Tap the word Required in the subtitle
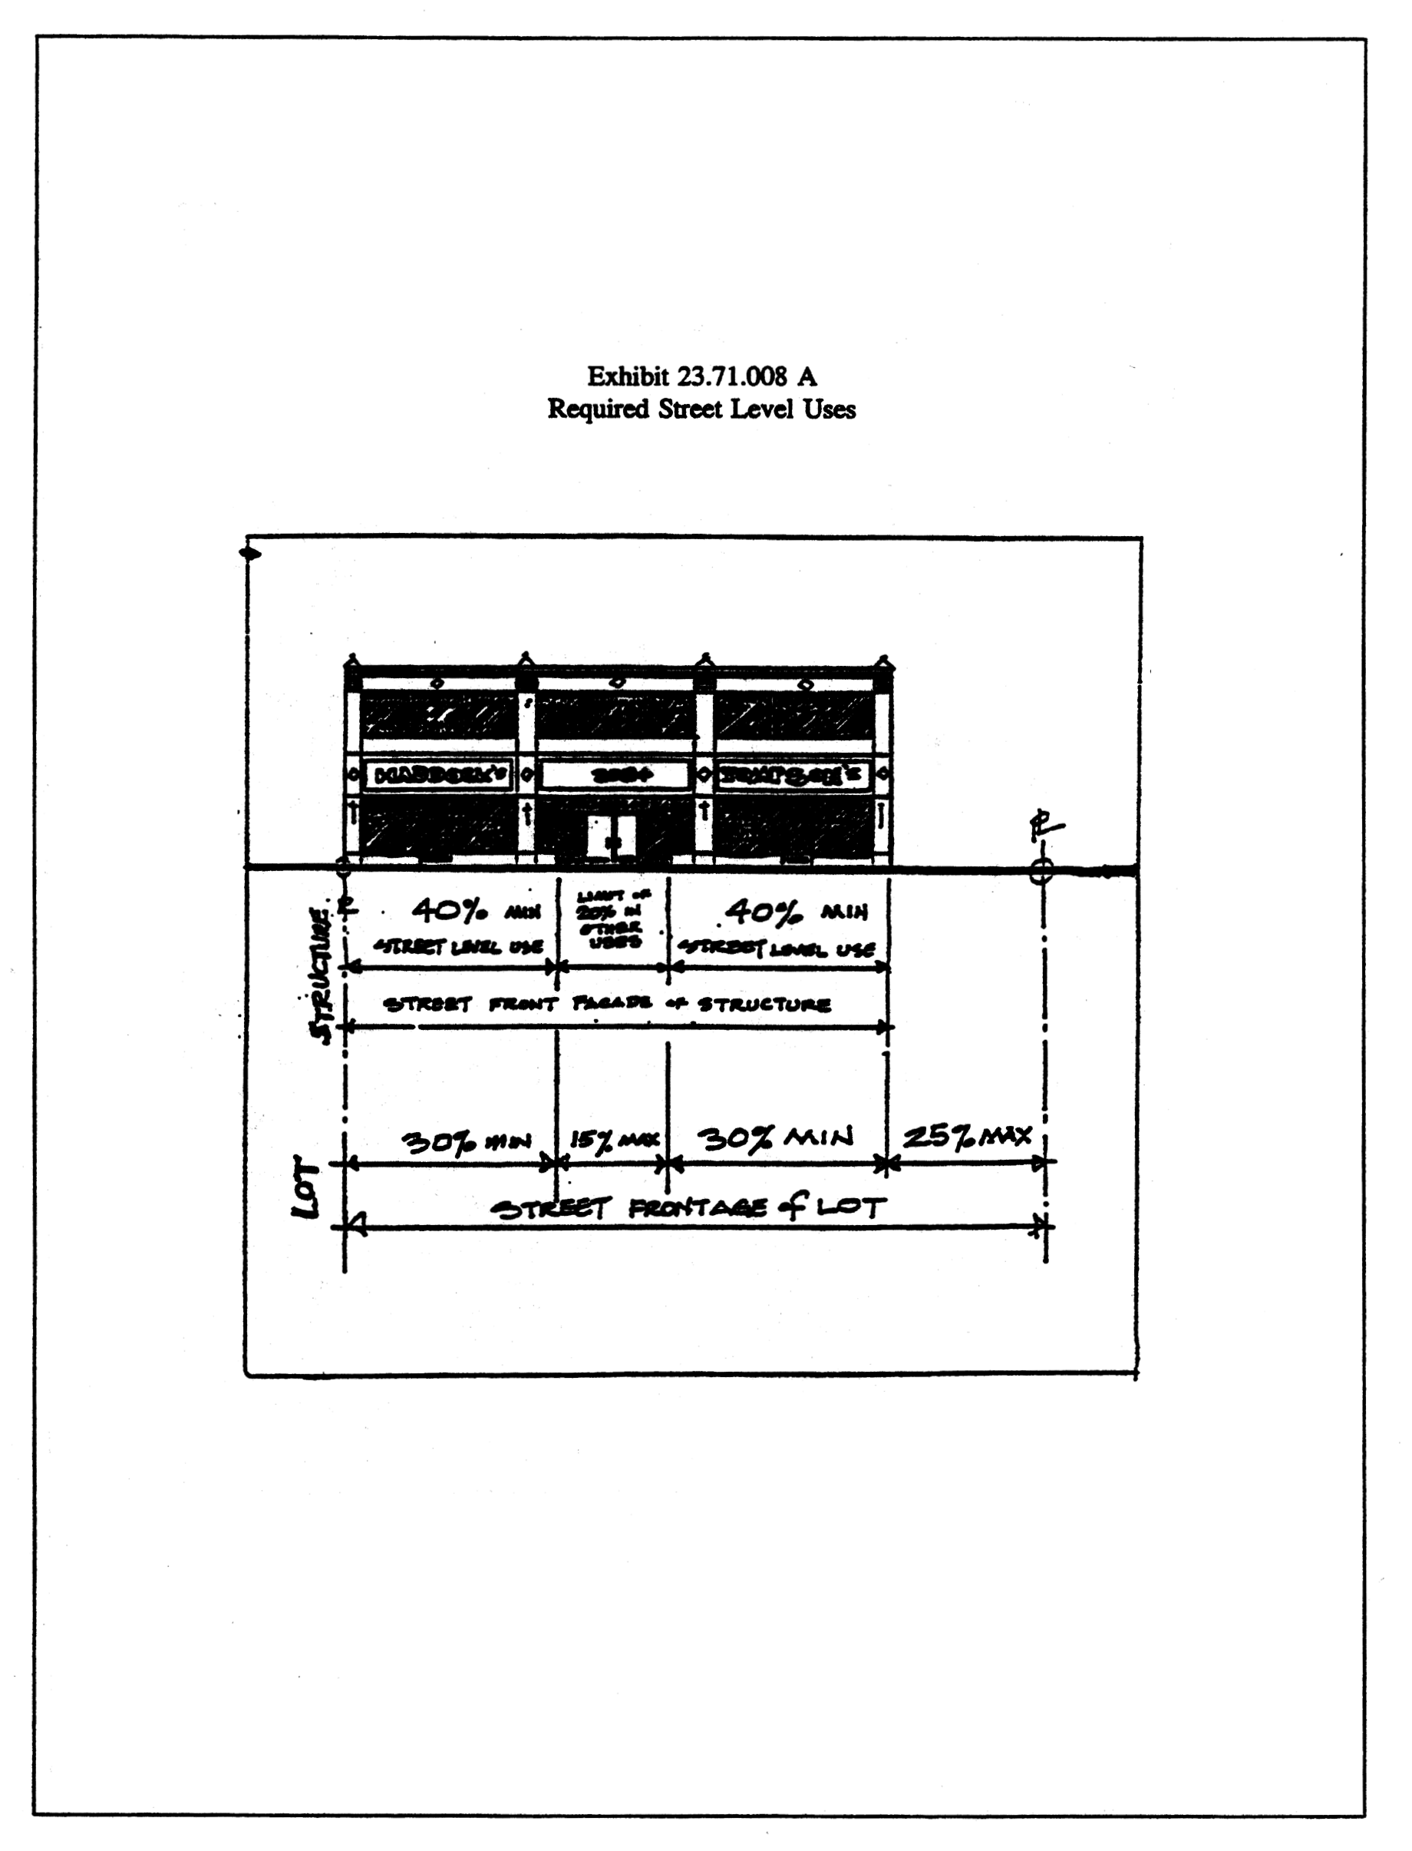coord(599,409)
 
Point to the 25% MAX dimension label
coord(967,1137)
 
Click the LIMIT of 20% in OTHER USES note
coord(612,919)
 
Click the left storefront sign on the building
coord(440,774)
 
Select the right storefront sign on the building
coord(792,774)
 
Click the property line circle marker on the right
coord(1041,870)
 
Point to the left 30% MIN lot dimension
coord(466,1141)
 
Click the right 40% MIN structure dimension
coord(795,911)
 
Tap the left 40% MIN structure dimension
coord(475,911)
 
